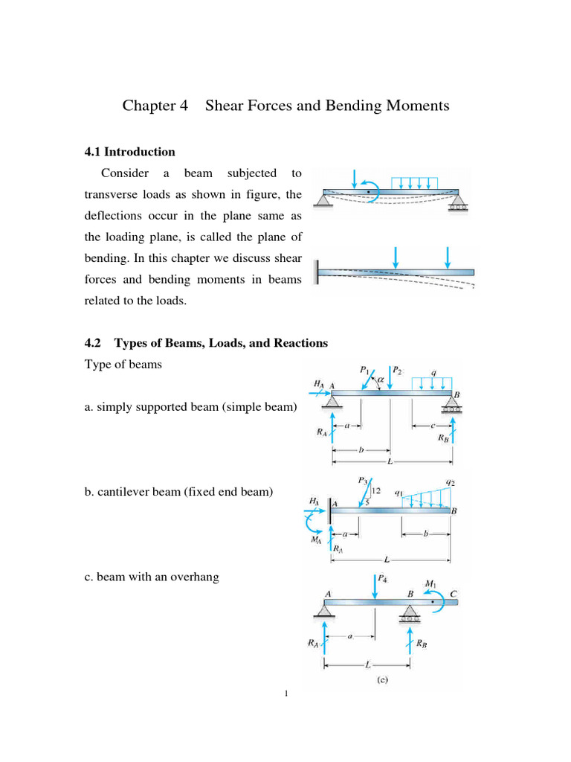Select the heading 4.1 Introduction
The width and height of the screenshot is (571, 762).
[131, 152]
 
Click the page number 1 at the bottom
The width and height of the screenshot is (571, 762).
[285, 694]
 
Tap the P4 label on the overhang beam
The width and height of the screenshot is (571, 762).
[382, 577]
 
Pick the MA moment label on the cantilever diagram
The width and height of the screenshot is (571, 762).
[316, 540]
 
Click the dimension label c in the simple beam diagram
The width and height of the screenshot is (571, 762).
[432, 426]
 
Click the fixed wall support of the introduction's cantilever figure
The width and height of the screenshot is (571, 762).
[317, 270]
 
